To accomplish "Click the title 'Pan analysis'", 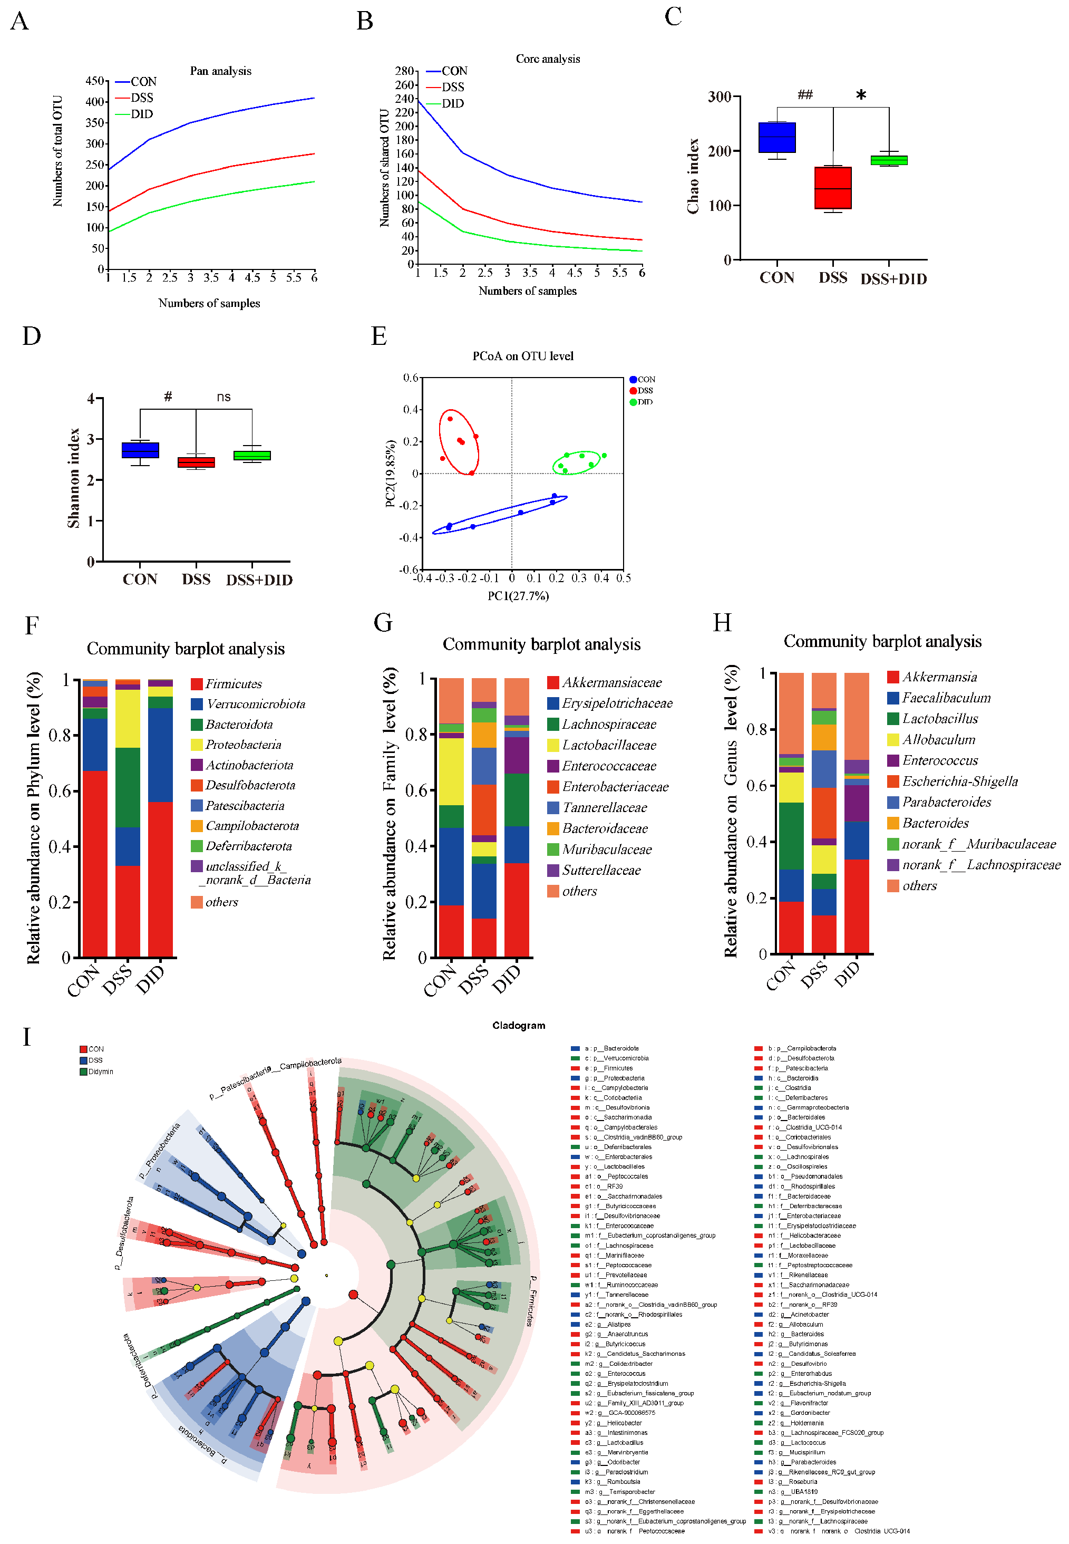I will (220, 71).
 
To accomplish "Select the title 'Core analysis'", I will (547, 59).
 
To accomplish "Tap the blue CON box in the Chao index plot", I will (776, 137).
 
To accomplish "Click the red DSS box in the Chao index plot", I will (832, 188).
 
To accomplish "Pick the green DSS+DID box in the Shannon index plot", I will (252, 456).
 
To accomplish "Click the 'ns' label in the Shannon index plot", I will (223, 397).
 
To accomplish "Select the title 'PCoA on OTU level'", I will (522, 356).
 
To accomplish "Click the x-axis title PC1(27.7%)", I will (518, 595).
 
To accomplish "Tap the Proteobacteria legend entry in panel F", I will (242, 745).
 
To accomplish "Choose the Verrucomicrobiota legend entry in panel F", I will (255, 704).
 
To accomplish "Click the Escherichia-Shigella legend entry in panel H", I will (959, 781).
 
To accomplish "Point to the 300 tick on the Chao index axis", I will (720, 96).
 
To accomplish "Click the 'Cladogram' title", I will (519, 1026).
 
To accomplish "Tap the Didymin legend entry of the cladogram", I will (101, 1072).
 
